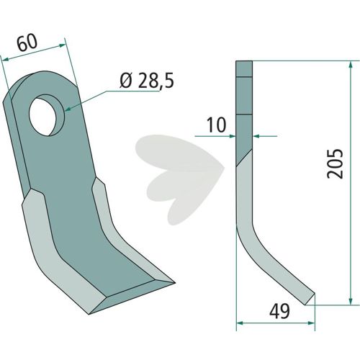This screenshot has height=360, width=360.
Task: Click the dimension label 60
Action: [27, 42]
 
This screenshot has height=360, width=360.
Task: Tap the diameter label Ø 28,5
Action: [147, 81]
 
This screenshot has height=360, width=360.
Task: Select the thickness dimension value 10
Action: [216, 125]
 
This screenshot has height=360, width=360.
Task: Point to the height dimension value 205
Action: [336, 163]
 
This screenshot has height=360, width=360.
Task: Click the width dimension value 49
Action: [279, 311]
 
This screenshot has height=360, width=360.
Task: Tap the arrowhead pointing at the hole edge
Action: [68, 109]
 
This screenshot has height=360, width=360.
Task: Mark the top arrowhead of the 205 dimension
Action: [351, 66]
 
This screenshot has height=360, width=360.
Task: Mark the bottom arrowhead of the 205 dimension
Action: [351, 301]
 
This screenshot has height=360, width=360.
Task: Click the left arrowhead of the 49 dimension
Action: [240, 323]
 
